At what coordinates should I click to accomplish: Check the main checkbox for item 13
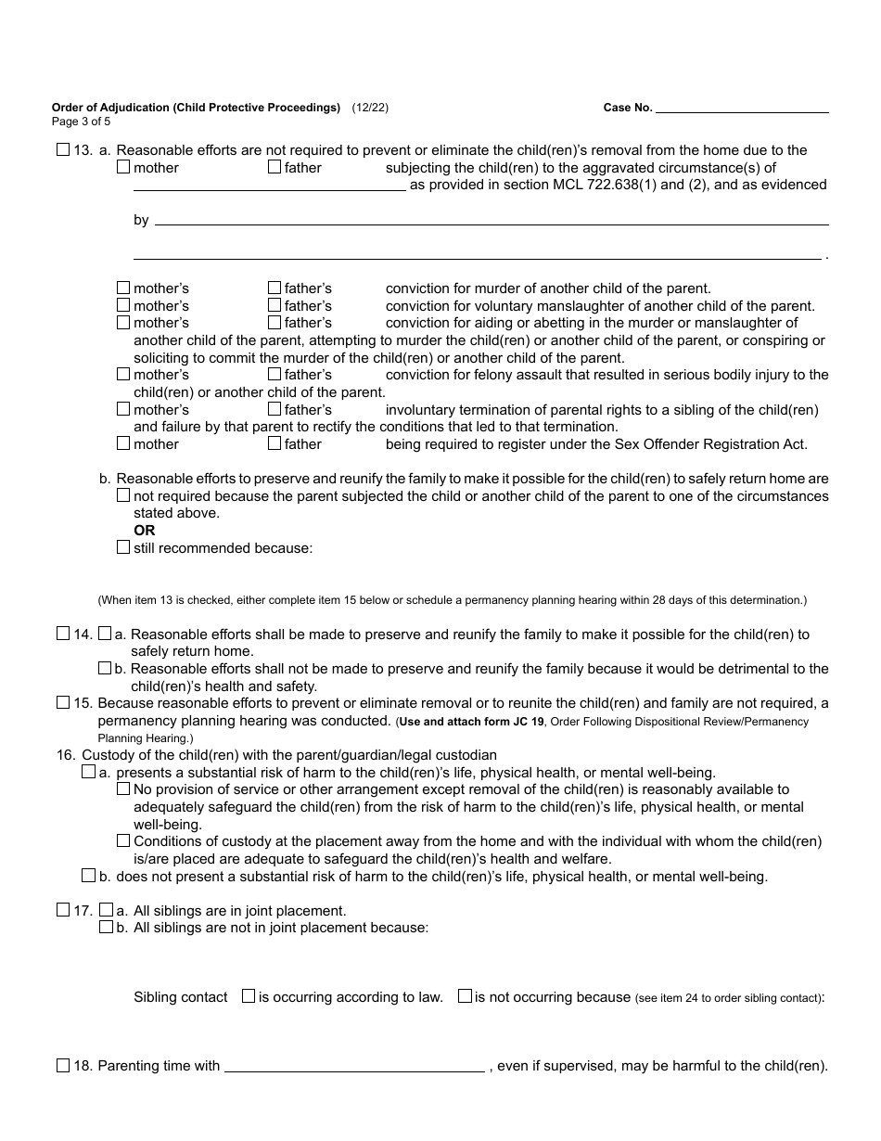tap(63, 150)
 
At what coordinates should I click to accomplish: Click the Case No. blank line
tap(742, 108)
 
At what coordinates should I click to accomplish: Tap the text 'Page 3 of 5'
tap(81, 121)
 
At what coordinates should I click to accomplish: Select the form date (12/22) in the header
tap(370, 108)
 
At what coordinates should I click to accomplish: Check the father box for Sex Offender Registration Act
tap(275, 444)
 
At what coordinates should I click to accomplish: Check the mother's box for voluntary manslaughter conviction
tap(123, 306)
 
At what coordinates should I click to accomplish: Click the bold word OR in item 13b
tap(144, 531)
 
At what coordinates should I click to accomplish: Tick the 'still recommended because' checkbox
tap(123, 548)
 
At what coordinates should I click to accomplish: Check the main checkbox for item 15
tap(63, 703)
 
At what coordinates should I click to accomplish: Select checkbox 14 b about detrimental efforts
tap(106, 669)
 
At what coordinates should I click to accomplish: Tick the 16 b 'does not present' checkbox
tap(88, 876)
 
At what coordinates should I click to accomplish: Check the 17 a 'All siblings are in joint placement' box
tap(106, 911)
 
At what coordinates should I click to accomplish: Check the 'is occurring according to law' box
tap(249, 996)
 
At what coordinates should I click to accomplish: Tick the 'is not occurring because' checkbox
tap(465, 996)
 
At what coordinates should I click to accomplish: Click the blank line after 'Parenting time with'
tap(354, 1067)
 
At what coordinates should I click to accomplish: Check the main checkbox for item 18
tap(63, 1066)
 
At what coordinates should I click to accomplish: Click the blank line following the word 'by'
tap(492, 221)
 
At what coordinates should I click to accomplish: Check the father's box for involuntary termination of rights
tap(275, 410)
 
